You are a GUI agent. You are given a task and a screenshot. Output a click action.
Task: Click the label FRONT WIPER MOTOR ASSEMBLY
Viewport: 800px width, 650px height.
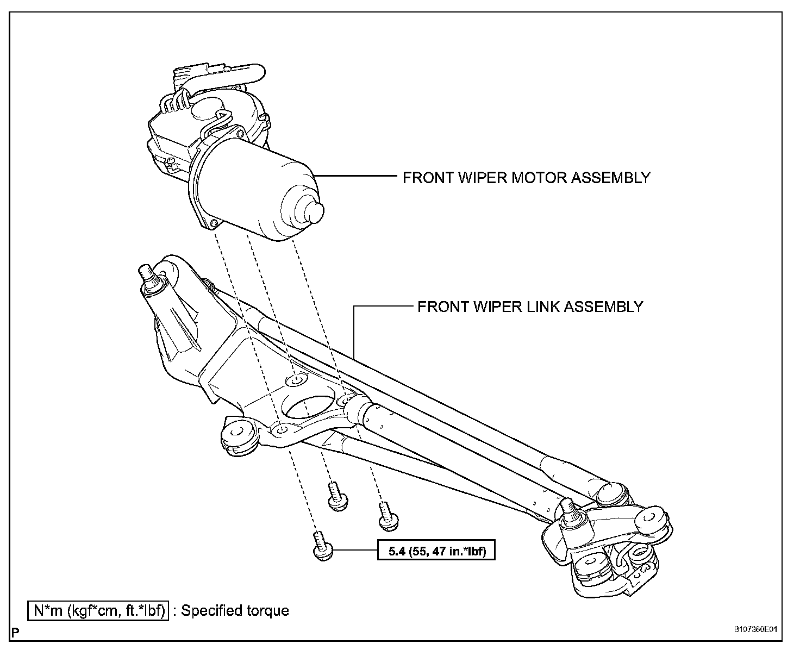pyautogui.click(x=526, y=178)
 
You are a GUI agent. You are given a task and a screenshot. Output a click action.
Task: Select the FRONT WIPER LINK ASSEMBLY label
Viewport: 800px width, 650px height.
pyautogui.click(x=530, y=307)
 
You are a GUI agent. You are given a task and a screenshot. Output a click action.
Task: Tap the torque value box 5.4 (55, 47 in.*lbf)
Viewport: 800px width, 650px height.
pyautogui.click(x=437, y=552)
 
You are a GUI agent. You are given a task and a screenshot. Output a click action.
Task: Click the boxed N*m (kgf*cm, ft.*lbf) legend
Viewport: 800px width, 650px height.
pyautogui.click(x=98, y=610)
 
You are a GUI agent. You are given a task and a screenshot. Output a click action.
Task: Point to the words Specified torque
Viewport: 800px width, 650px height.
pyautogui.click(x=235, y=610)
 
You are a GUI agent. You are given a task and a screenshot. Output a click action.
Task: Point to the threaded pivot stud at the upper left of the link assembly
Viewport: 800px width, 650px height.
pyautogui.click(x=147, y=274)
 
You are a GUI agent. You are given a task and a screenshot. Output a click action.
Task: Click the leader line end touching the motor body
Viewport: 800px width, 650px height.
pyautogui.click(x=318, y=176)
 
